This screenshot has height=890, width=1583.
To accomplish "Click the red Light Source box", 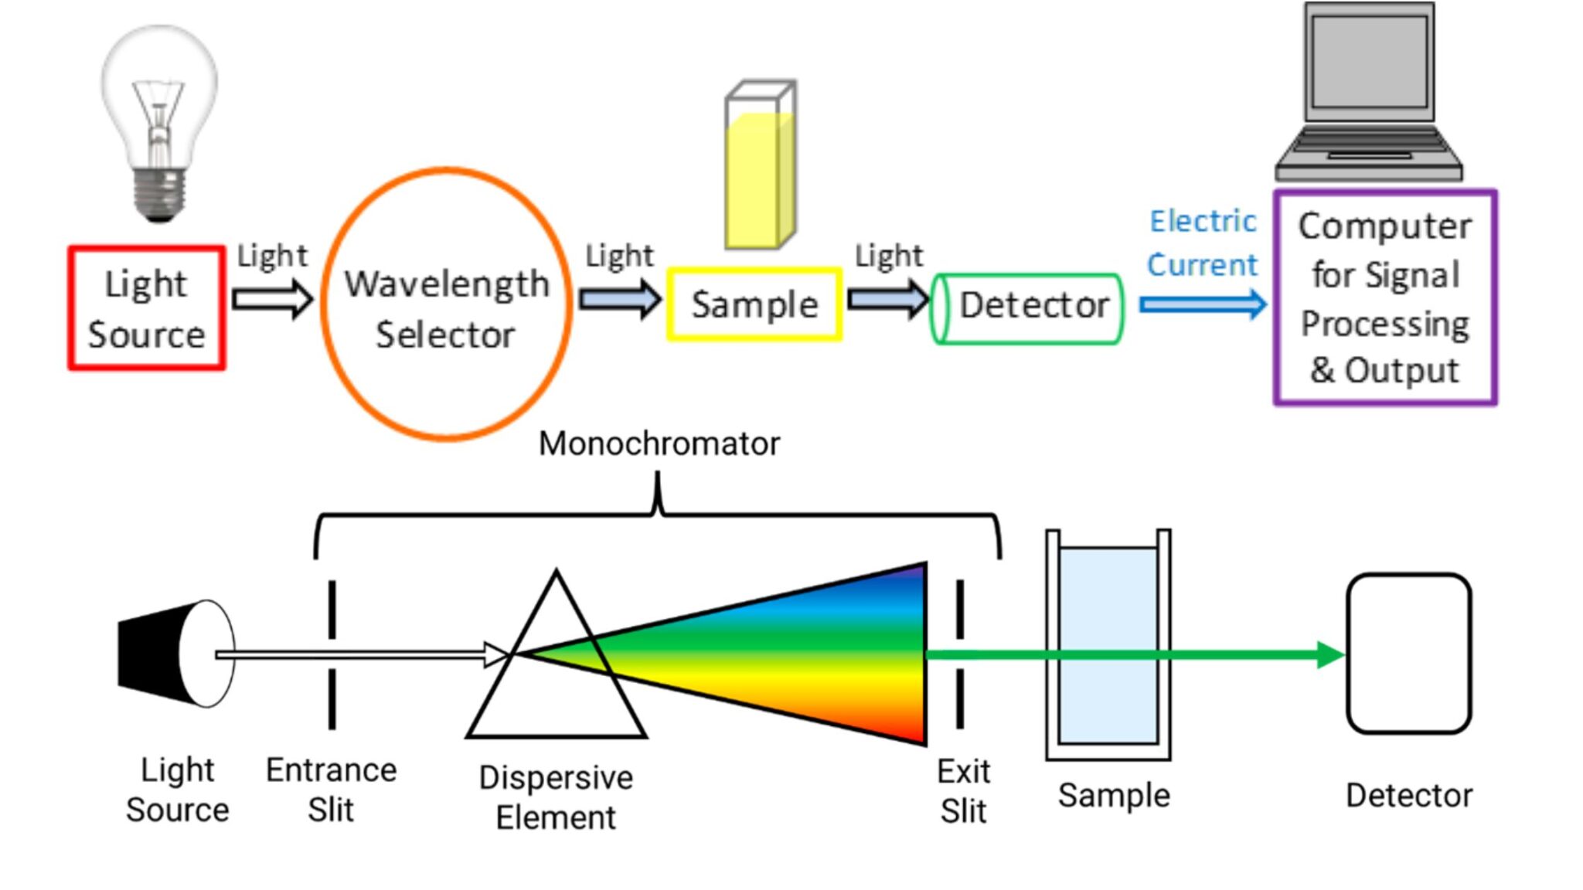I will pos(147,308).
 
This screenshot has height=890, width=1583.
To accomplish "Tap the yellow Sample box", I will pos(754,304).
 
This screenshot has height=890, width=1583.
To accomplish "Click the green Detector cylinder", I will pos(1028,308).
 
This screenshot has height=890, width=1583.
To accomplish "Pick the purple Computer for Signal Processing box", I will pos(1385,297).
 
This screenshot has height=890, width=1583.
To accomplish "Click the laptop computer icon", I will pos(1369,93).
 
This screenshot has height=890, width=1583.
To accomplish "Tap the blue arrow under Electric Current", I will pos(1203,304).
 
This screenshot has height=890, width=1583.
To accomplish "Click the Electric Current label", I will pos(1203,243).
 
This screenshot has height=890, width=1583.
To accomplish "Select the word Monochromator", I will pos(659,444).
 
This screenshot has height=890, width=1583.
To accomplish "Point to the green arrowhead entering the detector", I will pos(1330,655).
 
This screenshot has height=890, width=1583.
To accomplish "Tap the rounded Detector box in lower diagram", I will pos(1408,654).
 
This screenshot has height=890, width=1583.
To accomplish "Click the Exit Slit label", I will pos(963,791).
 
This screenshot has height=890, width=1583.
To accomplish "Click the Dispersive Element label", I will pos(556,797).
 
